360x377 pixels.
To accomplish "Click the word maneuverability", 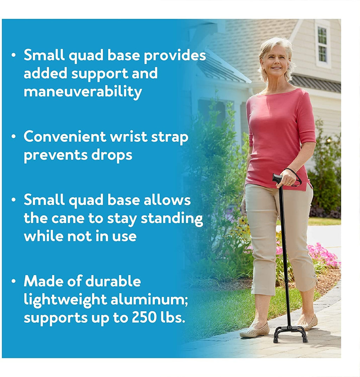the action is click(x=83, y=91).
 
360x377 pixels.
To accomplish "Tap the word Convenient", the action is click(x=65, y=137).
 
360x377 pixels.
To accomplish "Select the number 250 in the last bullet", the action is click(x=143, y=318).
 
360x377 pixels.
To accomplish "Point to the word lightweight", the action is click(x=65, y=300).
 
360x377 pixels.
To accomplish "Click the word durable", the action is click(x=113, y=281).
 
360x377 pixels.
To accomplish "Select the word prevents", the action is click(x=56, y=155).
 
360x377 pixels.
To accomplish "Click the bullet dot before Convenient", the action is click(x=14, y=137).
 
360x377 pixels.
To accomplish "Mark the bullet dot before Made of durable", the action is click(x=14, y=281).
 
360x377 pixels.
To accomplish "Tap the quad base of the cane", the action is click(x=291, y=334).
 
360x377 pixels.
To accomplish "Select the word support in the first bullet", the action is click(x=99, y=74).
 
